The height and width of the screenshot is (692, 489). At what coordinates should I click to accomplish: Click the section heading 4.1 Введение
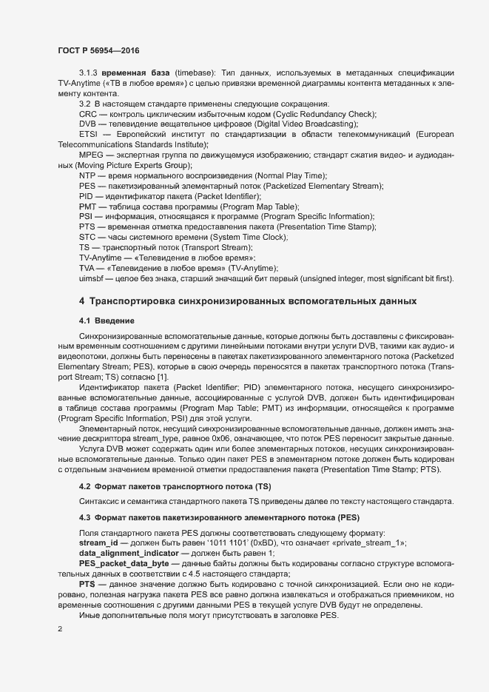(107, 320)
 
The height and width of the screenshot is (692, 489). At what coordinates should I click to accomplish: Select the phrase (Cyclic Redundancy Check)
(324, 113)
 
